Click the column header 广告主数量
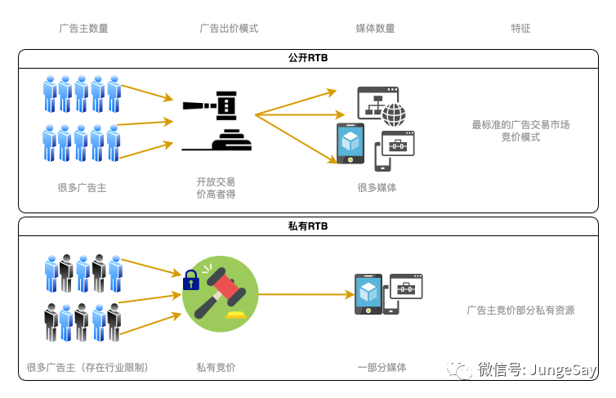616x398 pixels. click(x=83, y=28)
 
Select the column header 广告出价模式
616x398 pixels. click(x=229, y=28)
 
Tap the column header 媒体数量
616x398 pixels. click(x=375, y=28)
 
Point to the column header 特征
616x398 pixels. click(x=520, y=28)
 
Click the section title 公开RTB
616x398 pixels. click(x=308, y=58)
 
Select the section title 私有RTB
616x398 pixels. click(x=308, y=226)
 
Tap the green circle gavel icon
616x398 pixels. click(x=220, y=293)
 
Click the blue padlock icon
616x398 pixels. click(x=191, y=280)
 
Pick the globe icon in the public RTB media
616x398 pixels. click(x=394, y=114)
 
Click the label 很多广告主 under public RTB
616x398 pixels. click(x=82, y=187)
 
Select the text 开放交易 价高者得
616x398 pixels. click(x=216, y=187)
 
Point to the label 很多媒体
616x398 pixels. click(x=377, y=187)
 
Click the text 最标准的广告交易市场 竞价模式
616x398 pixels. click(x=520, y=131)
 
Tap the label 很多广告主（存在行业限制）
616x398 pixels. click(x=87, y=367)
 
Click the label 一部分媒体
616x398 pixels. click(x=382, y=367)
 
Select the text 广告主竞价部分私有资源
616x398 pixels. click(x=520, y=310)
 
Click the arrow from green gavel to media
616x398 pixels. click(x=302, y=293)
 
